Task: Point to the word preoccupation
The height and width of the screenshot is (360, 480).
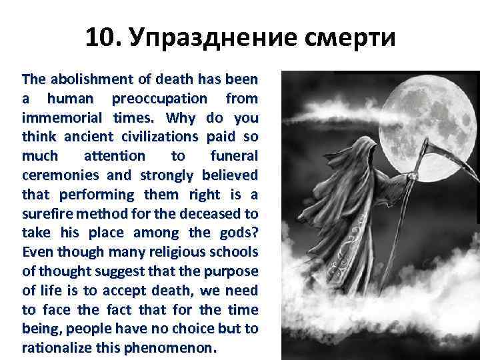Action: (x=161, y=99)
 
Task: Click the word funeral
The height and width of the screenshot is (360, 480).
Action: (x=234, y=156)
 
